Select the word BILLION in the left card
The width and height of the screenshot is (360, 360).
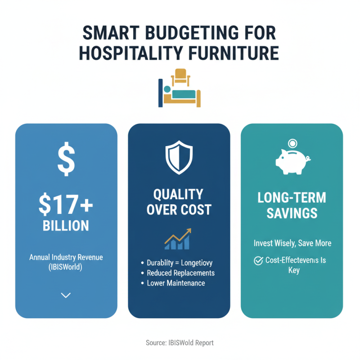point(66,225)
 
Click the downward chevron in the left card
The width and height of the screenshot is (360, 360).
point(66,295)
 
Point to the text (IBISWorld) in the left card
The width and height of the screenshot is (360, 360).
point(66,268)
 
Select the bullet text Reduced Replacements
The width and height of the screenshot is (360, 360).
point(180,273)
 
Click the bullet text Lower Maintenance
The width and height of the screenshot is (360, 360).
point(175,283)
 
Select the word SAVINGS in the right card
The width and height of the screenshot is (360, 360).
point(292,213)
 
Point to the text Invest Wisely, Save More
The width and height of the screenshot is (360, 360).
point(292,243)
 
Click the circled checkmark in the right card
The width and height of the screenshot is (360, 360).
point(258,261)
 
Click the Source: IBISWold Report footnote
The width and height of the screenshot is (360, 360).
point(180,343)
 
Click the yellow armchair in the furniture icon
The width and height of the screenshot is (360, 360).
point(180,76)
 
